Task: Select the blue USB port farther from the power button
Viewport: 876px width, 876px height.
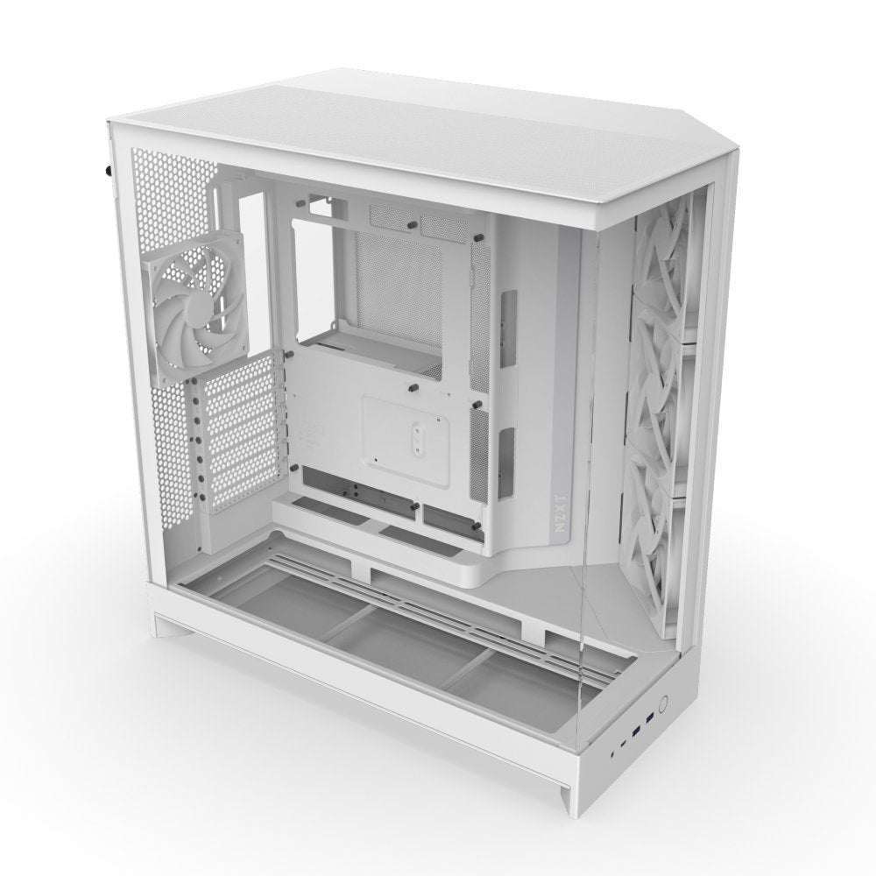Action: point(636,730)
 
